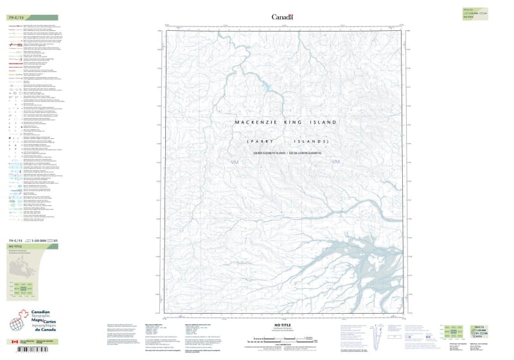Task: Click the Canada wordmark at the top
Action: tap(282, 17)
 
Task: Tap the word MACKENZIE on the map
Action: tap(256, 122)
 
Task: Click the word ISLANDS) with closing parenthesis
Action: tap(312, 141)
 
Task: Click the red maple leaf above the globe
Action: tap(25, 314)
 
